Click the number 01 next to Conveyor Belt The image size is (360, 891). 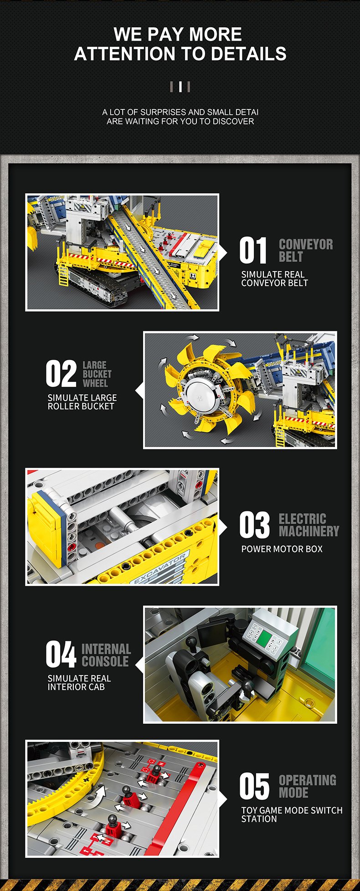coord(253,251)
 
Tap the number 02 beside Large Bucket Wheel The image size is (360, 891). coord(61,374)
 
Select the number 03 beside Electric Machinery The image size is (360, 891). coord(254,525)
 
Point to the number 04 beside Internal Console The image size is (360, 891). coord(61,654)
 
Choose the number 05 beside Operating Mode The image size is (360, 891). coord(254,786)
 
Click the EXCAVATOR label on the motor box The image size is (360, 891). coord(159,568)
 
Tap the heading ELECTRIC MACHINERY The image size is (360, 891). coord(309,525)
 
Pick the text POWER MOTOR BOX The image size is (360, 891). coord(282,549)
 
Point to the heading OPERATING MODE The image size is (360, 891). coord(307,786)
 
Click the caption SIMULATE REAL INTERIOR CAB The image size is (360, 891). coord(79,683)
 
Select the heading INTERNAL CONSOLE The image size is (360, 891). coord(106,655)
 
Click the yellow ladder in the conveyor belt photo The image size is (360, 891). coord(63,276)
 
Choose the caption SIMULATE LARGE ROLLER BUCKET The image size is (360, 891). coord(82,402)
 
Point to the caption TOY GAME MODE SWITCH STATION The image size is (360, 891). coord(292,814)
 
